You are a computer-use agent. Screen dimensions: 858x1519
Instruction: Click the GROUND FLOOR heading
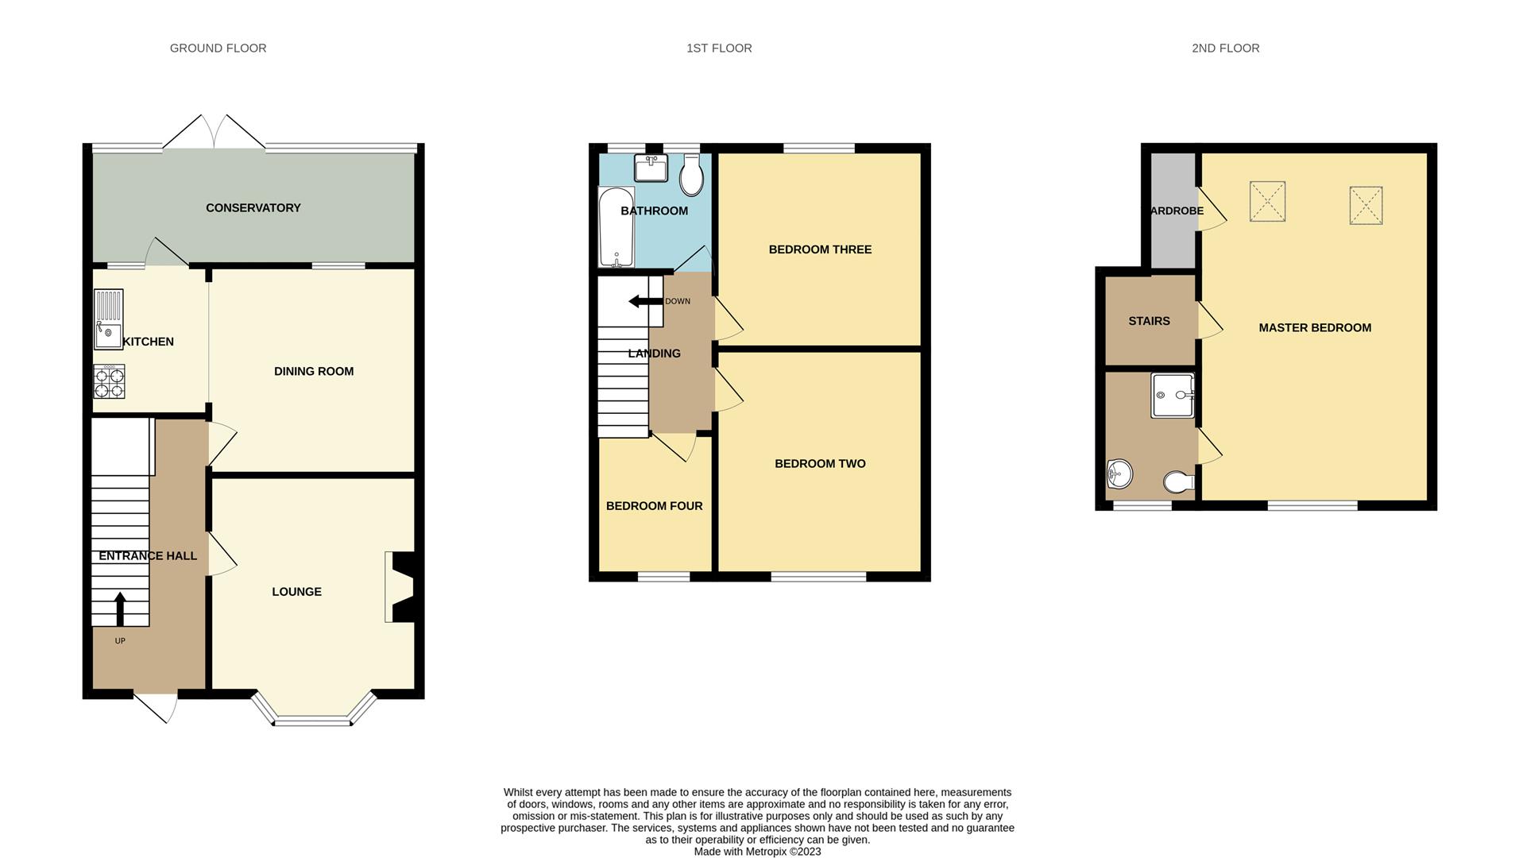pyautogui.click(x=218, y=48)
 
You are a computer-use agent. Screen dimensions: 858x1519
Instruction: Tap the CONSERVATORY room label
pyautogui.click(x=253, y=208)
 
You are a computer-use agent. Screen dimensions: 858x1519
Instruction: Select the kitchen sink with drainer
pyautogui.click(x=109, y=319)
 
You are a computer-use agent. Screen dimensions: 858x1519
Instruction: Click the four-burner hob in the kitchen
pyautogui.click(x=109, y=381)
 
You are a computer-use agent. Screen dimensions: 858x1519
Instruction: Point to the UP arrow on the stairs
pyautogui.click(x=120, y=609)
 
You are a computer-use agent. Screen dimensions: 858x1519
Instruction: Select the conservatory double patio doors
pyautogui.click(x=214, y=133)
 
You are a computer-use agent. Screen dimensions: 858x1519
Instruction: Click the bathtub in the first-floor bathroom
pyautogui.click(x=616, y=227)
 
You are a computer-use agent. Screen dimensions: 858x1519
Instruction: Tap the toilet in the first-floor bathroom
pyautogui.click(x=691, y=175)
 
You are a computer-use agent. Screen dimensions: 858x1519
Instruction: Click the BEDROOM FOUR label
pyautogui.click(x=654, y=506)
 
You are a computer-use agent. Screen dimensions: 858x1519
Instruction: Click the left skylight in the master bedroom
pyautogui.click(x=1267, y=201)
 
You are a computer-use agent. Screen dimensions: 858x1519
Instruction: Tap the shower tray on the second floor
pyautogui.click(x=1173, y=395)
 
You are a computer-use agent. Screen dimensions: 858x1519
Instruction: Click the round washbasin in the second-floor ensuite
pyautogui.click(x=1119, y=474)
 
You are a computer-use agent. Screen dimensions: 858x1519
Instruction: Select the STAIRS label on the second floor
pyautogui.click(x=1149, y=321)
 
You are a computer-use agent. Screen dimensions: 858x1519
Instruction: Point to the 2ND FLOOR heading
pyautogui.click(x=1225, y=48)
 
